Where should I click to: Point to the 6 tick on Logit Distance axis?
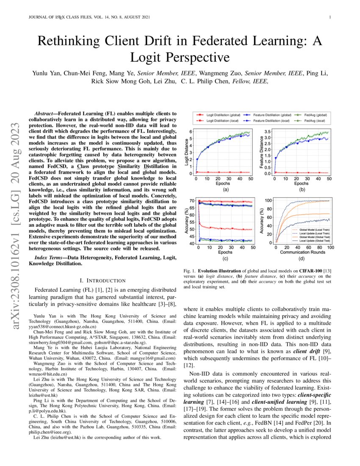191,131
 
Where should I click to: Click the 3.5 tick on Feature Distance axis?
267,132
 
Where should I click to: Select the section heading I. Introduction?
103,280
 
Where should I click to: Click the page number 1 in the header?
329,17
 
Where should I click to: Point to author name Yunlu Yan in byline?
46,73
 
